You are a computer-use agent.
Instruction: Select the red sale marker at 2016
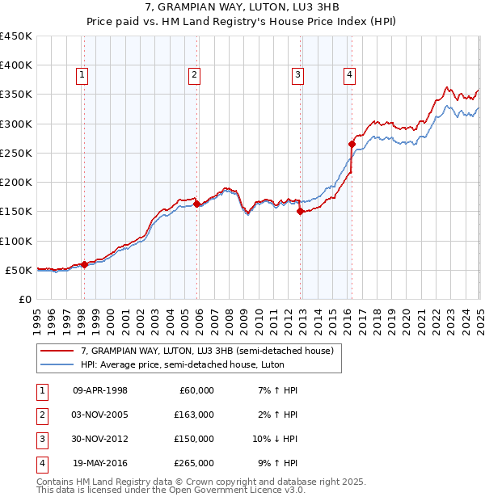coord(352,145)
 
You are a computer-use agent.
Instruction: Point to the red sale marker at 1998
coord(85,264)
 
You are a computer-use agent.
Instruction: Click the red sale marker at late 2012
coord(300,212)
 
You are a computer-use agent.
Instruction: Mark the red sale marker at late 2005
coord(196,204)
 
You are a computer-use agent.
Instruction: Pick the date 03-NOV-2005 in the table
coord(100,415)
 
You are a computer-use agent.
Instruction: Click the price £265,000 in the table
coord(194,463)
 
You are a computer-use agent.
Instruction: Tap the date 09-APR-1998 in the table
coord(100,390)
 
